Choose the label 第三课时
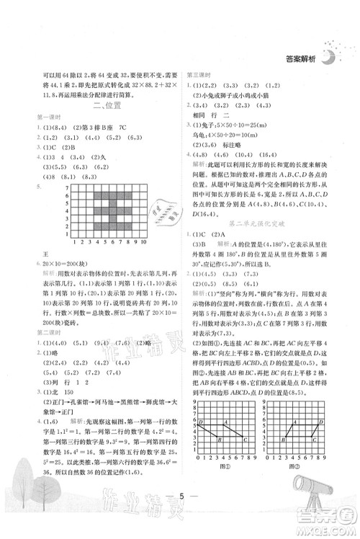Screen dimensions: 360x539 click(x=198, y=74)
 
